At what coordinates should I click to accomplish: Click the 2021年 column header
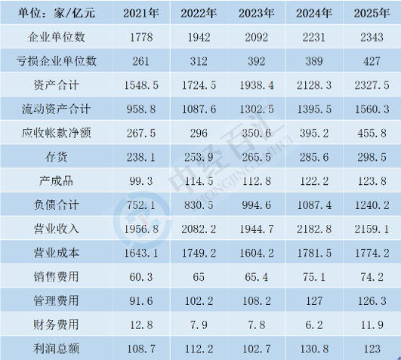click(x=141, y=14)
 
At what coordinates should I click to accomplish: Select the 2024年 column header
click(x=314, y=14)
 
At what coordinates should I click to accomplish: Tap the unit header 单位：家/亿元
click(x=57, y=14)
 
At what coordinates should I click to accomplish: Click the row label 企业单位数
click(x=57, y=37)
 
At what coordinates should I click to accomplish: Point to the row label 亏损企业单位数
click(x=57, y=61)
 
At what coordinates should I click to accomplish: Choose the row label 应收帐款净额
click(x=57, y=133)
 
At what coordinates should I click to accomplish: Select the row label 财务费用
click(x=57, y=325)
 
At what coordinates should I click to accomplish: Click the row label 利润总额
click(x=57, y=349)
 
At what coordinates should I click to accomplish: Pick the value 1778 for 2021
click(x=141, y=38)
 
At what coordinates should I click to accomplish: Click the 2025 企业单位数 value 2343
click(x=372, y=38)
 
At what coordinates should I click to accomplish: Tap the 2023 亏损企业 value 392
click(x=257, y=61)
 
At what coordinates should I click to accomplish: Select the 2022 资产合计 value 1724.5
click(x=199, y=85)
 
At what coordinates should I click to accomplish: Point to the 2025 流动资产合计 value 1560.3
click(x=372, y=109)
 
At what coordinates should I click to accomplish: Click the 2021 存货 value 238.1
click(x=141, y=157)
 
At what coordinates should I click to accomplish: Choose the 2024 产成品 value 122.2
click(x=314, y=181)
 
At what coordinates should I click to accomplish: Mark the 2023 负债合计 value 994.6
click(x=257, y=205)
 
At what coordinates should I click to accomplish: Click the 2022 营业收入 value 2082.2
click(x=199, y=229)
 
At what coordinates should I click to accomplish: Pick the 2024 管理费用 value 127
click(x=314, y=301)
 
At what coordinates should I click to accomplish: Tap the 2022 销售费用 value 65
click(x=199, y=277)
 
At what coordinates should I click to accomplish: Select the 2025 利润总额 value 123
click(x=372, y=349)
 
